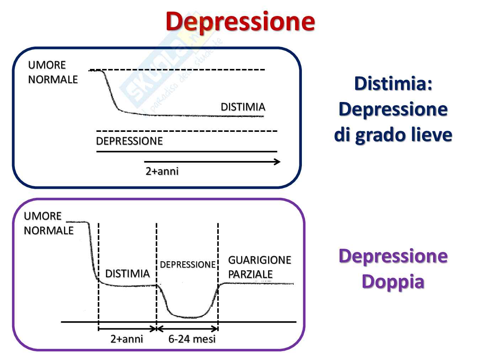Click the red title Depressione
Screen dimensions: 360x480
(240, 21)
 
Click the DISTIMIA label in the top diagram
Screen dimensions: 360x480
(243, 107)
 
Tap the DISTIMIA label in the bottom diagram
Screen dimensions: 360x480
(127, 274)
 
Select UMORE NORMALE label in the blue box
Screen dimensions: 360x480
(53, 72)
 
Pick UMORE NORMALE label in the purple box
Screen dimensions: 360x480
(48, 223)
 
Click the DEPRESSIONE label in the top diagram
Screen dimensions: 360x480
(129, 141)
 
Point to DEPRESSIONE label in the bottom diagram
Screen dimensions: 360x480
(187, 265)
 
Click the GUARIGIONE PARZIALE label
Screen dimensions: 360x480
(259, 267)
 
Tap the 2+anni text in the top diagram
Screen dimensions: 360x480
(162, 171)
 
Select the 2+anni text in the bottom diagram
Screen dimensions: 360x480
(127, 339)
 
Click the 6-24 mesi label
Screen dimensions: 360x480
(192, 339)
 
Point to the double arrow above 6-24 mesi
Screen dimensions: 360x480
(187, 329)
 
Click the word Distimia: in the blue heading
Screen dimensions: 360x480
(393, 84)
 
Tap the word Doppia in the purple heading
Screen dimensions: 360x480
(393, 281)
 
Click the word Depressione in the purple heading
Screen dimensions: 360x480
(393, 256)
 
